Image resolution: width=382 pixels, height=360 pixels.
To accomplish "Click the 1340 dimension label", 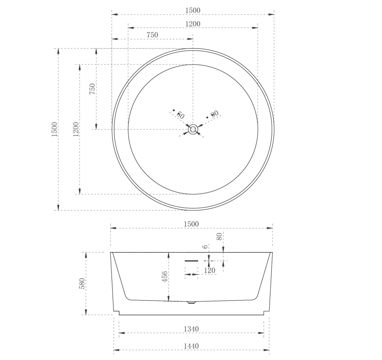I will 191,329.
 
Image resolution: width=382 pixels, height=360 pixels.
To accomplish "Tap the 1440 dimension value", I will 191,346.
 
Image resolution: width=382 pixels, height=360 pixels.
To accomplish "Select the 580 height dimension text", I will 82,284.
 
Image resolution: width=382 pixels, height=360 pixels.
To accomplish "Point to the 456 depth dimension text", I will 165,277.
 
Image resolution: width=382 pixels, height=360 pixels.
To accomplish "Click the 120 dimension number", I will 209,271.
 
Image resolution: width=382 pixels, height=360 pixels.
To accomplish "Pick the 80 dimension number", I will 219,236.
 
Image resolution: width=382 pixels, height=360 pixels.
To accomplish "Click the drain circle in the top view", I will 193,130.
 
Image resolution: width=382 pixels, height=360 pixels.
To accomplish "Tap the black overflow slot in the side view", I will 191,261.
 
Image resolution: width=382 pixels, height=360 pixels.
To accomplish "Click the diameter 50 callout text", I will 180,114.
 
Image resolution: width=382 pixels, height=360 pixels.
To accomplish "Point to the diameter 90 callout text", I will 214,114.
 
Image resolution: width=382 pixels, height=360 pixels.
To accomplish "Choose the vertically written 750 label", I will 92,89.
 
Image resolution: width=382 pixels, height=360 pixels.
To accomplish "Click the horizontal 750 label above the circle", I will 152,35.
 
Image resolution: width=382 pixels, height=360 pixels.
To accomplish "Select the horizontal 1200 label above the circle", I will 193,24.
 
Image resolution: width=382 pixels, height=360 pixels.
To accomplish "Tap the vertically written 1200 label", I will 76,129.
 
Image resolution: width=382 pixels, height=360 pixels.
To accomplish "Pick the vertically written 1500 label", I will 54,129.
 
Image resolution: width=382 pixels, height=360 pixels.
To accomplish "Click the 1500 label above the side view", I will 192,224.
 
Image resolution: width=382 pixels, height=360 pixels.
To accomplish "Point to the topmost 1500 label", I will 193,10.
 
